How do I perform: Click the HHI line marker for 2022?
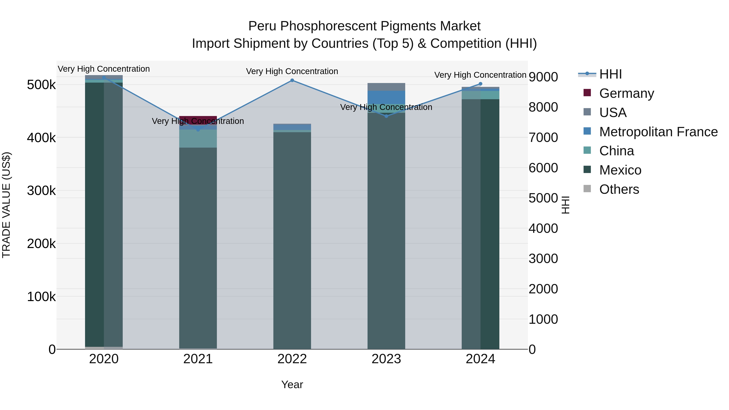click(292, 80)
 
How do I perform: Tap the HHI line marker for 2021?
click(198, 130)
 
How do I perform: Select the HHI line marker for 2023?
click(386, 116)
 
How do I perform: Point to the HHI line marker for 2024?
click(480, 84)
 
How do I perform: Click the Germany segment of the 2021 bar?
click(198, 118)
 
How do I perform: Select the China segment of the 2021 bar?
click(198, 139)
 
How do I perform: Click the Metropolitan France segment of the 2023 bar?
click(386, 97)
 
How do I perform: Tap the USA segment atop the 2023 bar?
click(386, 87)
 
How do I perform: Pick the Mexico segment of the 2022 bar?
click(292, 241)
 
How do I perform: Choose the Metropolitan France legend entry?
click(658, 132)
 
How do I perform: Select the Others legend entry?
click(619, 189)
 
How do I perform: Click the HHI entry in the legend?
click(610, 74)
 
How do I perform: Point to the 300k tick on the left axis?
click(41, 191)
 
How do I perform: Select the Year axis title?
click(292, 384)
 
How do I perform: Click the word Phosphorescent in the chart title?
click(330, 26)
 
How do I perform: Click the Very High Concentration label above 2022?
click(292, 71)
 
